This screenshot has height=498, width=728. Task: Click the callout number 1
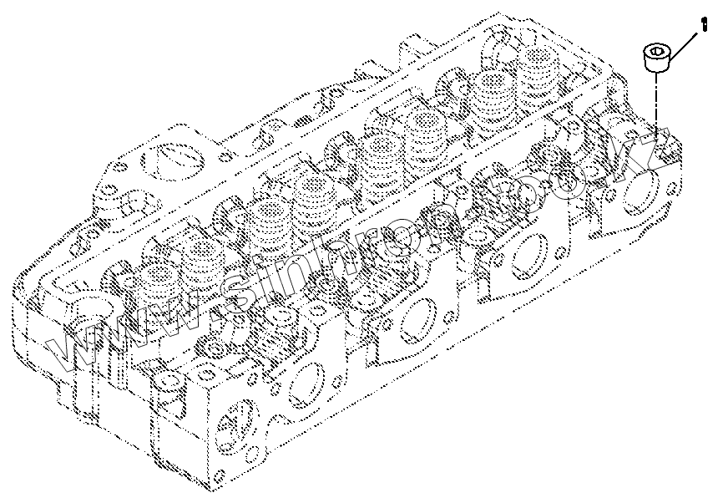click(x=705, y=25)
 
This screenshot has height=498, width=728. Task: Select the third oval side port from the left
click(x=528, y=255)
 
